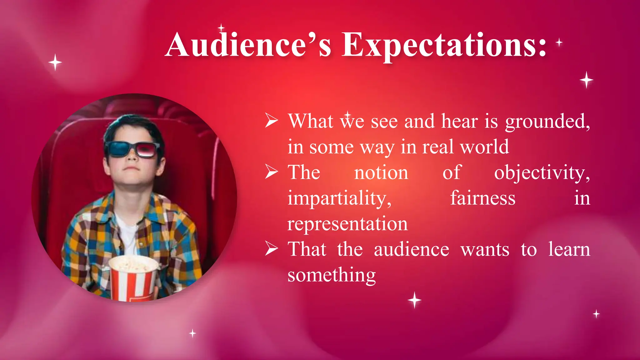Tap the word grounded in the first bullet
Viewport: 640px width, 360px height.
tap(547, 122)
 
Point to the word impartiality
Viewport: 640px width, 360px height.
tap(339, 199)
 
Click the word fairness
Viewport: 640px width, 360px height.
tap(482, 198)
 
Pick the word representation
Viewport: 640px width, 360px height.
tap(347, 224)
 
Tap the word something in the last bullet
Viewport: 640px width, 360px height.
tap(332, 275)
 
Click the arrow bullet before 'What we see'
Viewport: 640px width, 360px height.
tap(271, 121)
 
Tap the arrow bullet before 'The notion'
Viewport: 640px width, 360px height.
tap(271, 172)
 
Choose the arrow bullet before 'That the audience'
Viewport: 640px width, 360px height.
tap(271, 249)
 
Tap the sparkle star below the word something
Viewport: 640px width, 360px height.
tap(414, 300)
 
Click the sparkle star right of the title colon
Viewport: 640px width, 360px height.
tap(559, 42)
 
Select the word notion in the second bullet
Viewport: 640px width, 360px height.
tap(381, 173)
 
